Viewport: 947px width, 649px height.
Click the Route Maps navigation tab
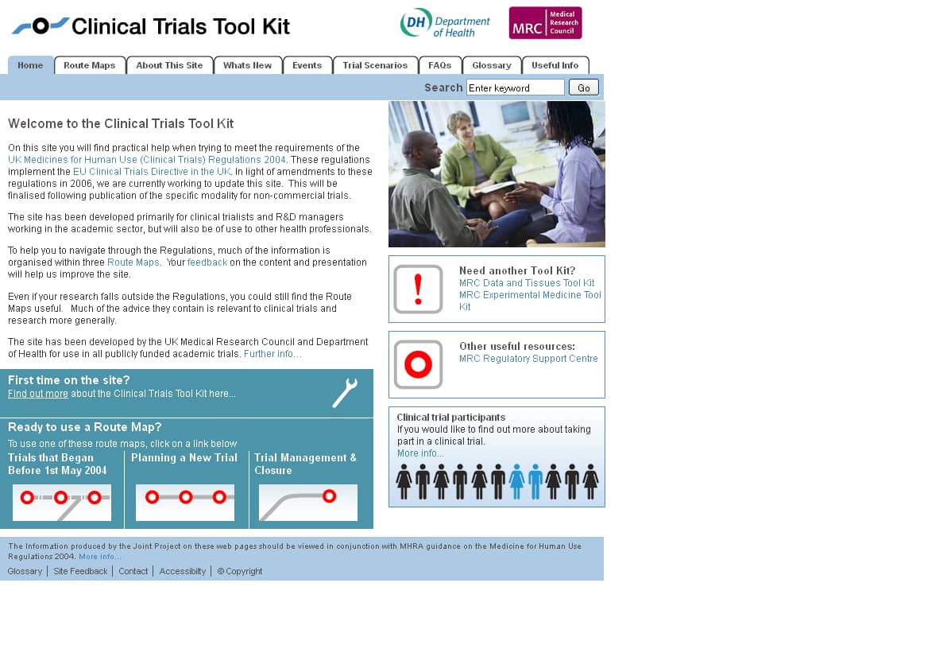(90, 65)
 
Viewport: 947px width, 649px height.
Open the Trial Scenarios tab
(375, 65)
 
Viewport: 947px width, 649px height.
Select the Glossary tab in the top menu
(492, 65)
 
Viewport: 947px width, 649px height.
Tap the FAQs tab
(439, 65)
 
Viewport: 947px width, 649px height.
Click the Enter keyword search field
(515, 87)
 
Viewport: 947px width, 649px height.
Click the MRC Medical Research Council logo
(545, 23)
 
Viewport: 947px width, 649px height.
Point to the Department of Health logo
(445, 23)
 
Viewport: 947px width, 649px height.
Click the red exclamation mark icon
(418, 290)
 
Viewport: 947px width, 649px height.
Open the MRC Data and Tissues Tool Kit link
(527, 283)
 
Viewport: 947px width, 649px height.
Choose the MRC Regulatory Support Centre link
(528, 359)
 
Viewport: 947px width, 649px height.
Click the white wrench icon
(345, 393)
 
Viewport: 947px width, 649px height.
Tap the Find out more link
(38, 394)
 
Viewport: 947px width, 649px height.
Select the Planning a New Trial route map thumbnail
(185, 502)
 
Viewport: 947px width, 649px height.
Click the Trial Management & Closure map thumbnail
(308, 502)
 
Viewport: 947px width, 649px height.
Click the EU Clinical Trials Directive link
(152, 172)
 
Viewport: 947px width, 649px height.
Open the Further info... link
(273, 354)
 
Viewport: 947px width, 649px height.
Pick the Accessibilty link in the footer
(183, 571)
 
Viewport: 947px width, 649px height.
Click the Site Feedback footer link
(80, 571)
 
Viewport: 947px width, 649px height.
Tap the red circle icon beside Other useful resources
(418, 365)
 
